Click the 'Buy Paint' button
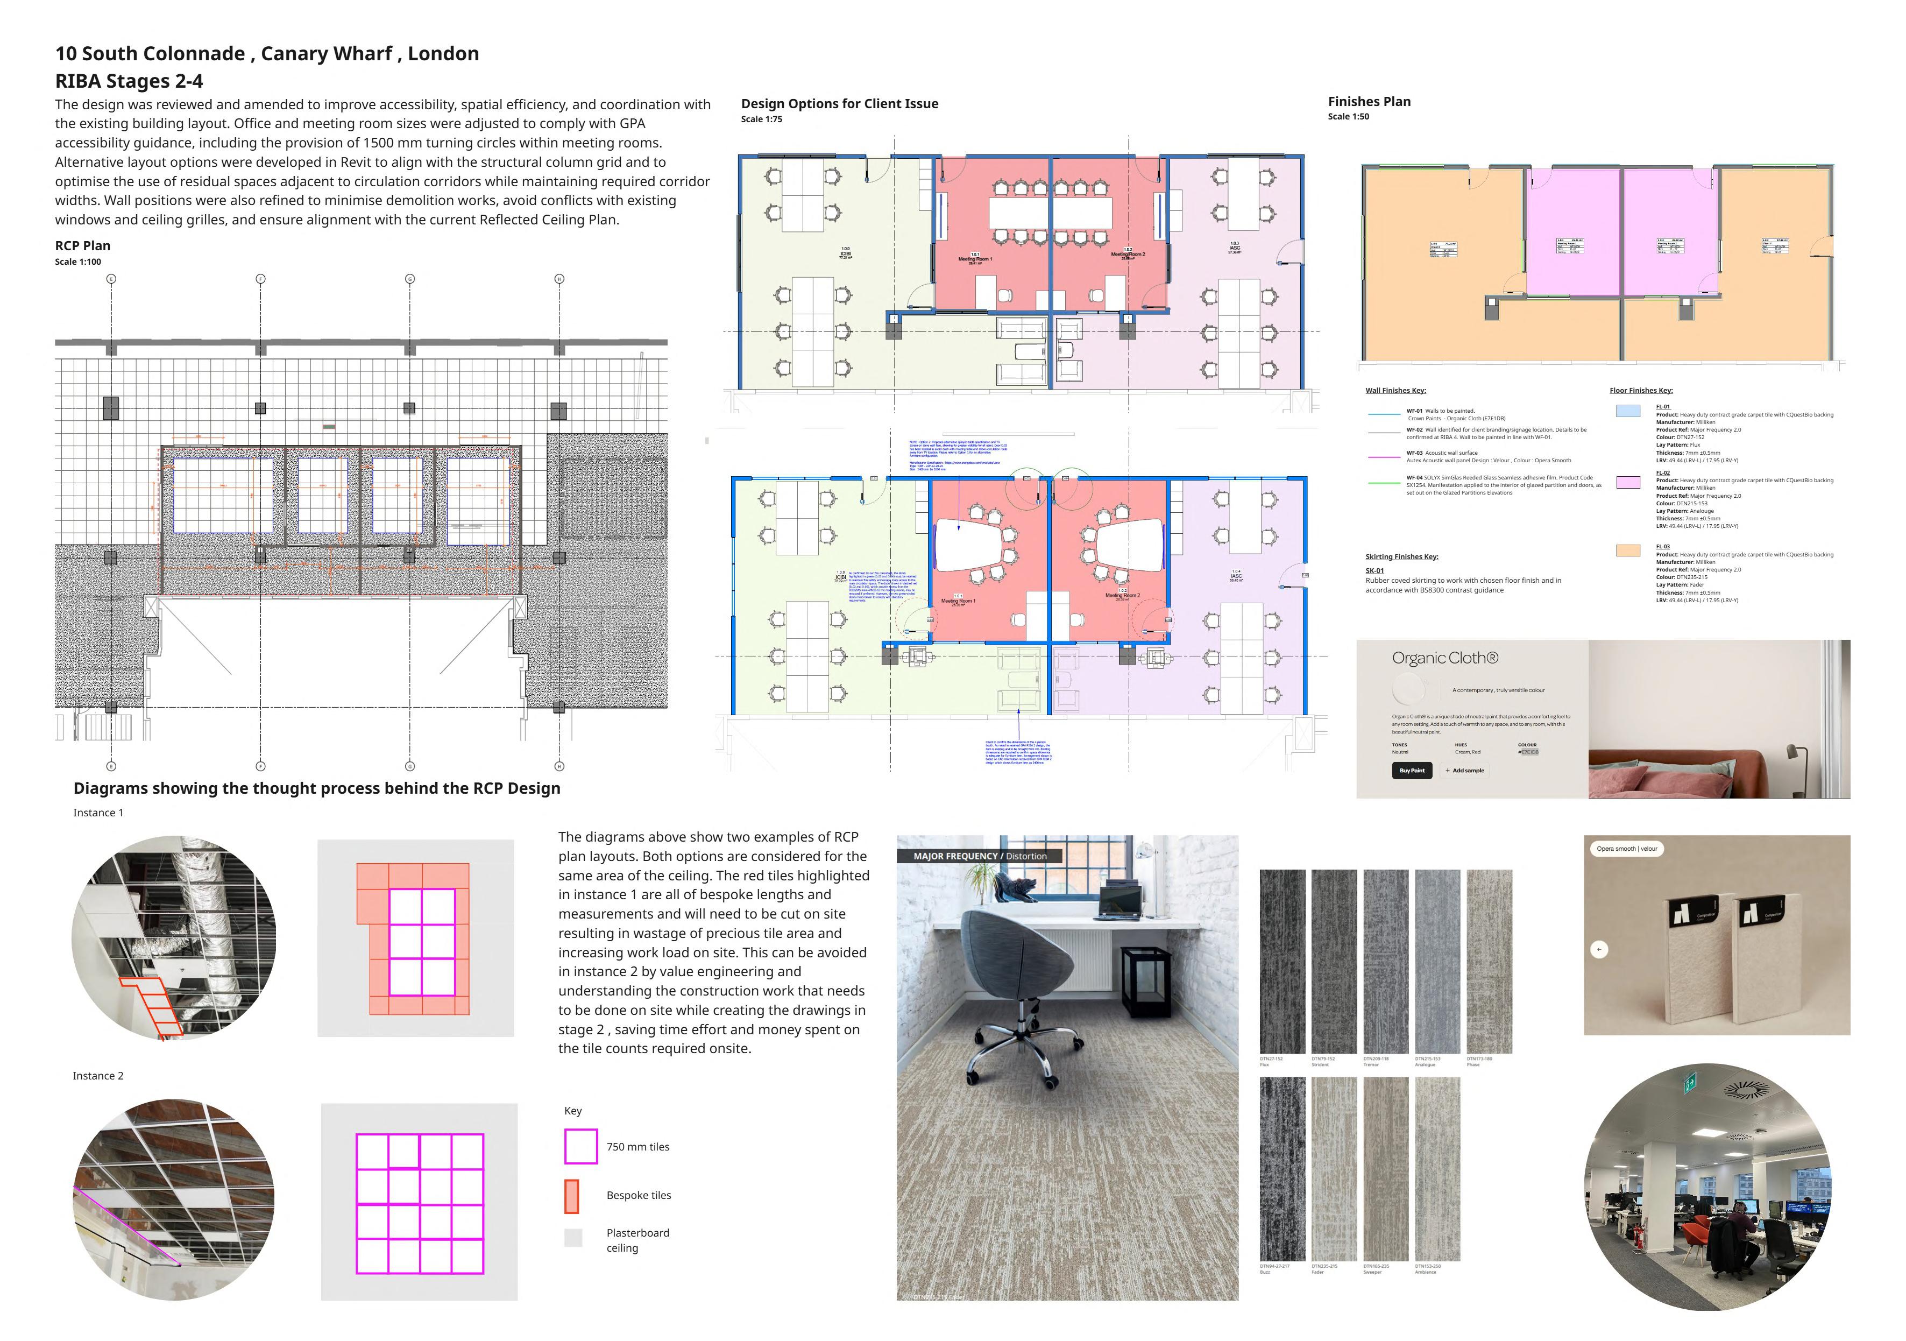point(1411,771)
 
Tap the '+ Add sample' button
point(1465,771)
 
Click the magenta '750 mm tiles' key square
point(581,1146)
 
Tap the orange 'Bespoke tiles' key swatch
point(572,1196)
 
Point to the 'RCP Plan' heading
point(83,246)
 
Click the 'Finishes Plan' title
point(1369,101)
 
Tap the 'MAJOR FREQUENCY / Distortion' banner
point(980,856)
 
